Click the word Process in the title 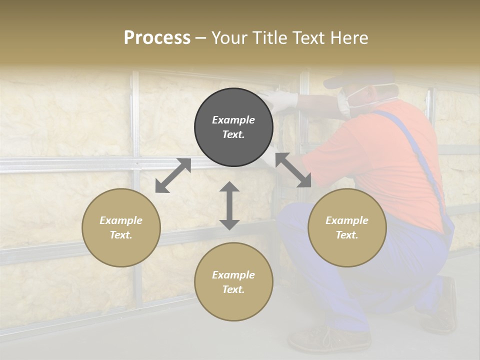(x=157, y=38)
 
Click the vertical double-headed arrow (x=229, y=205)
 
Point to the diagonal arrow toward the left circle (x=173, y=175)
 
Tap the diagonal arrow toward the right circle (x=293, y=170)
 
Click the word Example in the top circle (x=233, y=120)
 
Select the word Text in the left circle (x=121, y=235)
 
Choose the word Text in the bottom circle (x=233, y=289)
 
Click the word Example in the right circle (x=347, y=220)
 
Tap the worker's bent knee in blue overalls (x=295, y=220)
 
